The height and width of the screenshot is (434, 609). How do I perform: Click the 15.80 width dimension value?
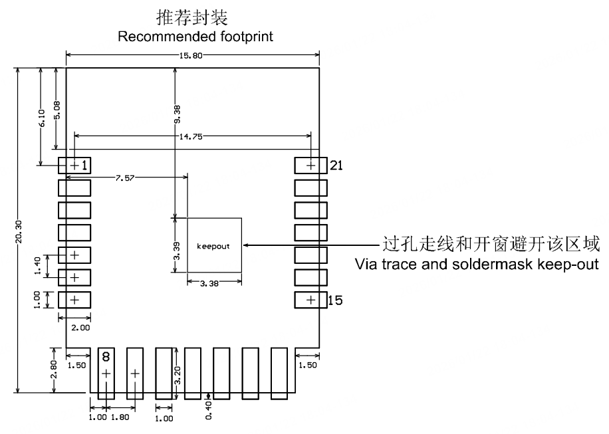(x=193, y=55)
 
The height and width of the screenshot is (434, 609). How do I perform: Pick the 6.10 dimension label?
(x=41, y=118)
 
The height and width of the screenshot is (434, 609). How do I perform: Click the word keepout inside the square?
(x=213, y=246)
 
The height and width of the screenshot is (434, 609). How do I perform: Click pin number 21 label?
(x=337, y=165)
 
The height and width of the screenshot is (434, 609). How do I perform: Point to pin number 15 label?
(x=336, y=301)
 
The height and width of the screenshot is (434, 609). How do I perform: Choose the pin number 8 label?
(x=106, y=357)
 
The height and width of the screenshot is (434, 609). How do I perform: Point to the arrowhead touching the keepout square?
(x=245, y=245)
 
